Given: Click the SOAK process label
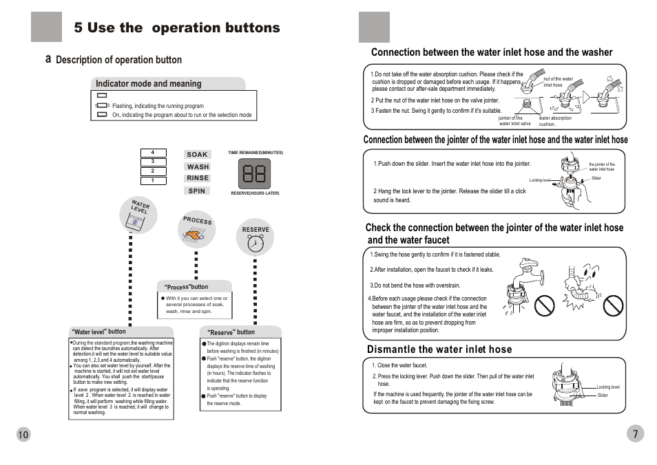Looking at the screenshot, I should point(197,155).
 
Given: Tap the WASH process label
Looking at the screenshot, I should point(198,166).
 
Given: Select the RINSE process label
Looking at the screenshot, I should point(198,178).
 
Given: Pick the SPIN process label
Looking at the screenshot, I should point(197,191).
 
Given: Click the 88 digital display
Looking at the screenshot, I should point(254,174).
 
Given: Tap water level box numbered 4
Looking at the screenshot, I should point(153,153).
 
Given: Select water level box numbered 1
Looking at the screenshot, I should point(153,180).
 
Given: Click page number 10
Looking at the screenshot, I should point(23,434).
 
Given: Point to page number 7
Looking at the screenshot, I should point(635,433).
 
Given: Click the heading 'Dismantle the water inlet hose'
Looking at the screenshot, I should point(439,349).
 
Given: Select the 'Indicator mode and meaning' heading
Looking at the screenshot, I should point(149,84).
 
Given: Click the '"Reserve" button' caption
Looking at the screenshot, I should point(231,332).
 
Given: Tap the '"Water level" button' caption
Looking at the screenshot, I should point(100,332).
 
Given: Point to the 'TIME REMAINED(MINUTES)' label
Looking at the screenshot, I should point(255,153).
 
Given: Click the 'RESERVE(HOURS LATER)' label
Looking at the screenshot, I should point(255,193).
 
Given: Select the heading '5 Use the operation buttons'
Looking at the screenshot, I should point(177,28).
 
